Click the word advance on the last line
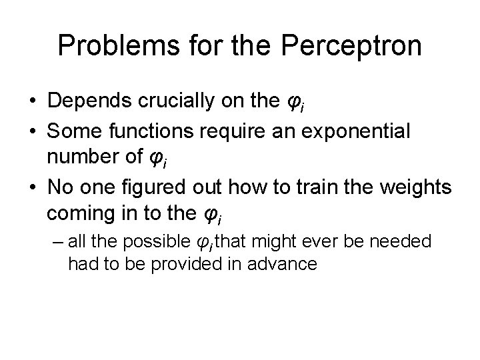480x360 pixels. coord(283,263)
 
